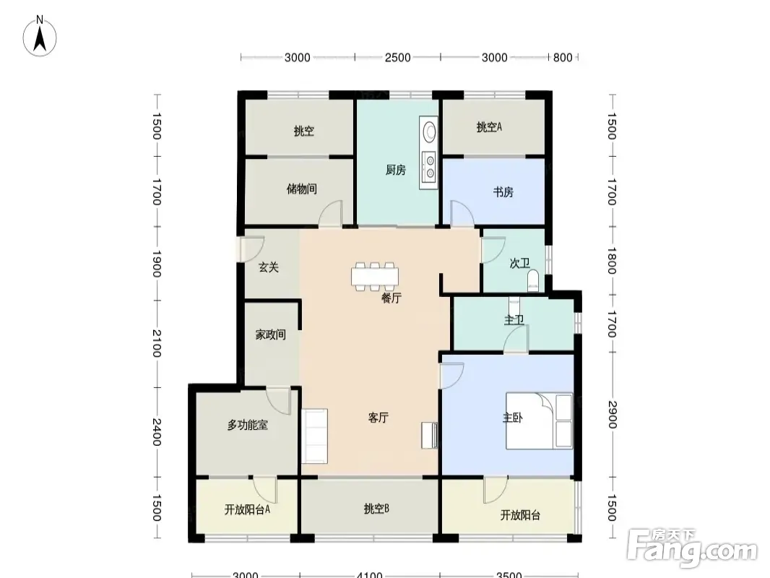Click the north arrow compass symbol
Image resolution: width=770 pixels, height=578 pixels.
click(x=40, y=38)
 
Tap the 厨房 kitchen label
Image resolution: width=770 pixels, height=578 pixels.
click(x=395, y=171)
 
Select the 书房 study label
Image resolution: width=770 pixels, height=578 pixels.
click(x=503, y=191)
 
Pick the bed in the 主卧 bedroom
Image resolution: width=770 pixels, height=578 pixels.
click(x=539, y=420)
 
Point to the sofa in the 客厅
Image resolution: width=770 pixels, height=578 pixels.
click(x=314, y=436)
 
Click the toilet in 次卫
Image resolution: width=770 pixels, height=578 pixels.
click(x=532, y=280)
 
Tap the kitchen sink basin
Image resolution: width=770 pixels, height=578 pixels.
click(x=429, y=131)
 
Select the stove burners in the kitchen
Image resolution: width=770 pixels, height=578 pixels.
click(x=430, y=166)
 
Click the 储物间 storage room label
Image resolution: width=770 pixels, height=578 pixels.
click(x=301, y=189)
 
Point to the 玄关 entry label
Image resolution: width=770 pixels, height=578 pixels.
click(x=269, y=267)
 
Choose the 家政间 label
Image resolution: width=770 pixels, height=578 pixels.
click(x=271, y=335)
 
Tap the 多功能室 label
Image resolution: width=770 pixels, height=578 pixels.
click(x=248, y=426)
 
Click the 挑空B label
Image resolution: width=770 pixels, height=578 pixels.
click(x=376, y=509)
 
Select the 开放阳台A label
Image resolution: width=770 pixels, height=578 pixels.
click(x=247, y=510)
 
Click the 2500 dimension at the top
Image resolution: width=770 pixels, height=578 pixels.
click(x=397, y=58)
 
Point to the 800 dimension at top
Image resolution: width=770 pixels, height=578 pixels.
click(x=563, y=58)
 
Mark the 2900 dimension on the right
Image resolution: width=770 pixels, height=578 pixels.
click(x=613, y=415)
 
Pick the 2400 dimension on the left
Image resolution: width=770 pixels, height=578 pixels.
click(x=157, y=431)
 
